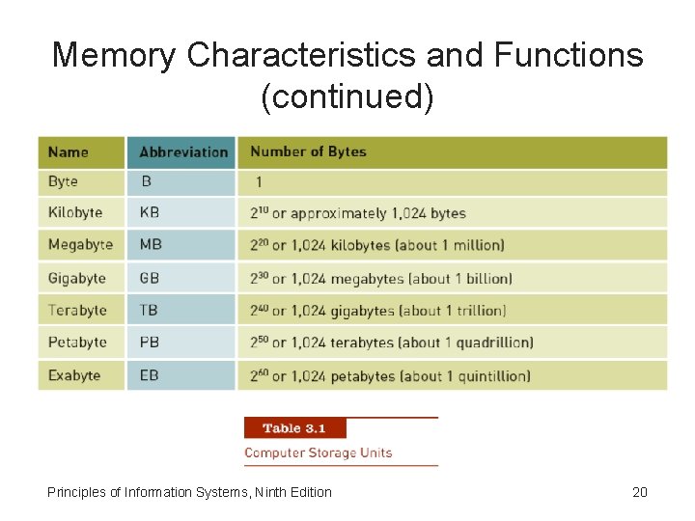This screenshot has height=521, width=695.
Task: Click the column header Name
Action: click(x=68, y=151)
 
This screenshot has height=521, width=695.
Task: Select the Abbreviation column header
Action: click(x=183, y=151)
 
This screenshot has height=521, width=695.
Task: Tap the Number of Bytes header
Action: click(x=308, y=151)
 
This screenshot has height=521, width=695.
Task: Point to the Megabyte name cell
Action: click(x=80, y=245)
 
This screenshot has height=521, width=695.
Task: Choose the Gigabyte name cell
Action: click(x=77, y=278)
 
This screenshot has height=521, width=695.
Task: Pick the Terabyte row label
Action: click(x=77, y=311)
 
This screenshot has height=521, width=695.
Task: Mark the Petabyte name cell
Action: click(x=77, y=343)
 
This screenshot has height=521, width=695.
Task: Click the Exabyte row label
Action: click(x=74, y=375)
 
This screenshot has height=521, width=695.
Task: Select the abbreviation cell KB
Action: click(x=150, y=212)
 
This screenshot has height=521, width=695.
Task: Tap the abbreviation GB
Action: click(x=150, y=278)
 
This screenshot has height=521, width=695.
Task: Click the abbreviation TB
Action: click(x=149, y=311)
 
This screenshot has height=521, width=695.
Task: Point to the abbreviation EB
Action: click(x=149, y=375)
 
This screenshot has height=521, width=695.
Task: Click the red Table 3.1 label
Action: click(x=294, y=428)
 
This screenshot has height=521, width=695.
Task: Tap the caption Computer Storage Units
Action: click(x=318, y=452)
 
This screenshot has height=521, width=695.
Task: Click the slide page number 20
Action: click(x=639, y=492)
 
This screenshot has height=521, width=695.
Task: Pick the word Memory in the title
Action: click(x=114, y=55)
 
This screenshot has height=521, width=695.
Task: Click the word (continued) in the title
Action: click(x=347, y=96)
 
